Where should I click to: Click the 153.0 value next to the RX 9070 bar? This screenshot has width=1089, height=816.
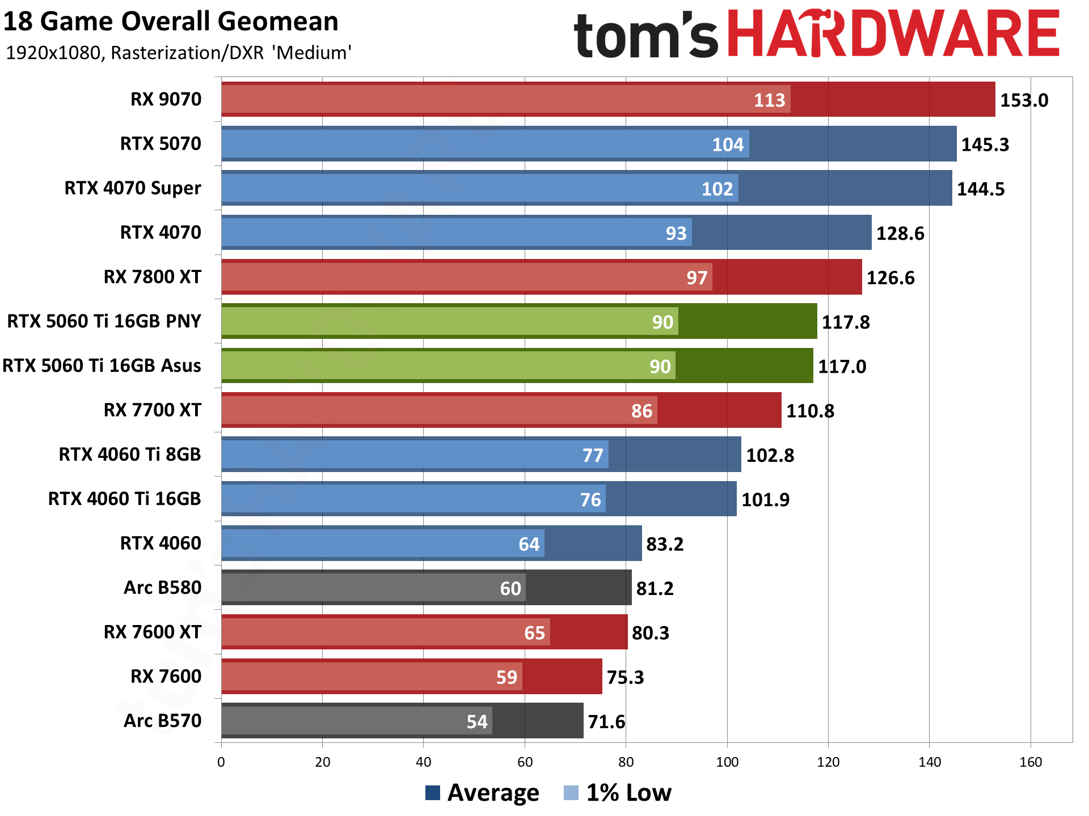1024,100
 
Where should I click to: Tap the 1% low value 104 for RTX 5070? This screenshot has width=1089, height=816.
728,144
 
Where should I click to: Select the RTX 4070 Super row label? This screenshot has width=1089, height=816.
133,188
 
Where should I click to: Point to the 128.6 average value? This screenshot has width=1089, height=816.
900,233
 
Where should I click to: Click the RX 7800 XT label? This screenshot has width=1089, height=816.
152,277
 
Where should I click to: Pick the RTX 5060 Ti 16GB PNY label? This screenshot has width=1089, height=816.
104,321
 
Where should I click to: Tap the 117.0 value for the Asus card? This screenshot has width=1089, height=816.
842,367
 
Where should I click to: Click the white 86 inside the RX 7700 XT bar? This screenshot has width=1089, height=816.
641,411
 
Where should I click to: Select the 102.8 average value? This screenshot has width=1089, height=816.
770,455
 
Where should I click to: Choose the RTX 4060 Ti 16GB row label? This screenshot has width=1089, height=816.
124,499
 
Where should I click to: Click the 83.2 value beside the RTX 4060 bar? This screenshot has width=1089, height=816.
665,544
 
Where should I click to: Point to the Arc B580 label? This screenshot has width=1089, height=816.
162,588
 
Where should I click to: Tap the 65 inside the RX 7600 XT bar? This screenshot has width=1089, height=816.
534,633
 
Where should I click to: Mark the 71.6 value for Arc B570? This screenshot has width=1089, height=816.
606,722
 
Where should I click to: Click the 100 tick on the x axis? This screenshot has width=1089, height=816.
727,762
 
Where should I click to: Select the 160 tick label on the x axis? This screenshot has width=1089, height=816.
1031,762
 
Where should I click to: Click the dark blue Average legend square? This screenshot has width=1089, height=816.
433,793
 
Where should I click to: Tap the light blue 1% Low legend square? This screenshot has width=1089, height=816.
571,793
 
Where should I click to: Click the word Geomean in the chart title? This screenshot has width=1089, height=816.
278,22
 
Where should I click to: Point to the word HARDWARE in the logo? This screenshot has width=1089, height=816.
893,34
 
